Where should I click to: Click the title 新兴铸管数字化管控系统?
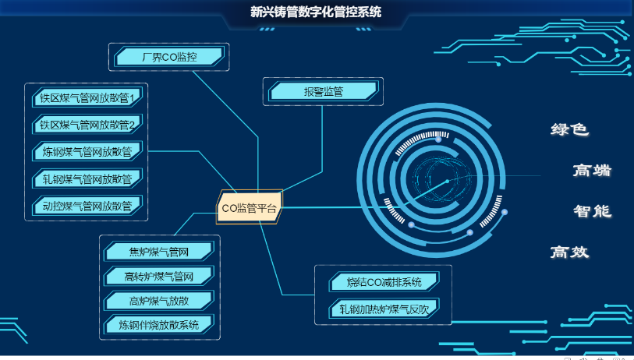pyautogui.click(x=315, y=12)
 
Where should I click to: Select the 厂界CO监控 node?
pyautogui.click(x=169, y=57)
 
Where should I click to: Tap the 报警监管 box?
pyautogui.click(x=323, y=91)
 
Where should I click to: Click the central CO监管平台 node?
pyautogui.click(x=250, y=208)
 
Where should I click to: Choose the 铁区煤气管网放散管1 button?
pyautogui.click(x=87, y=97)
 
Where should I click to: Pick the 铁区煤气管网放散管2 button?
pyautogui.click(x=87, y=125)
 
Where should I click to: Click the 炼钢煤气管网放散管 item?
pyautogui.click(x=87, y=151)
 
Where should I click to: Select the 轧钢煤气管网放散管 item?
pyautogui.click(x=87, y=178)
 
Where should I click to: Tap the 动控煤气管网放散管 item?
pyautogui.click(x=87, y=206)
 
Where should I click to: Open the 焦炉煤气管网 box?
pyautogui.click(x=159, y=252)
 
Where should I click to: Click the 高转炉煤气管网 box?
pyautogui.click(x=159, y=277)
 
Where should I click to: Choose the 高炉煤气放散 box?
pyautogui.click(x=159, y=301)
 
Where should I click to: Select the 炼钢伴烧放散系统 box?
pyautogui.click(x=159, y=325)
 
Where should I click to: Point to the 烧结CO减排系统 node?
pyautogui.click(x=384, y=281)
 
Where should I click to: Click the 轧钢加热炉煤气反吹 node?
pyautogui.click(x=384, y=309)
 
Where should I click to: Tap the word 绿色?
pyautogui.click(x=569, y=129)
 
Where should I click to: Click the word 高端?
pyautogui.click(x=592, y=170)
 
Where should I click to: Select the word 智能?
pyautogui.click(x=592, y=211)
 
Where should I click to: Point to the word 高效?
pyautogui.click(x=569, y=252)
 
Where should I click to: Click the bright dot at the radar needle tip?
pyautogui.click(x=447, y=182)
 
